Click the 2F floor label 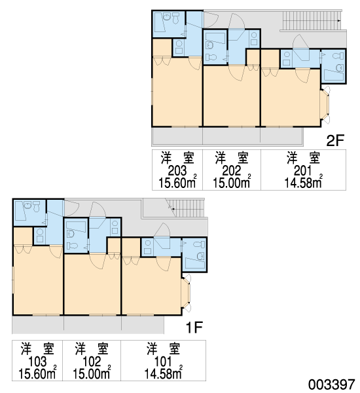coord(335,140)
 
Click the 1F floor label coord(194,327)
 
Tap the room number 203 coord(177,171)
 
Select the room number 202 coord(232,171)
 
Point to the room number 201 coord(303,171)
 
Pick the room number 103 coord(37,362)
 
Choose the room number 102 coord(92,362)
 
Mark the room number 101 coord(163,362)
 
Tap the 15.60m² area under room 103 coord(37,373)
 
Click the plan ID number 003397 coord(332,384)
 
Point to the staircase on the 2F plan coord(312,20)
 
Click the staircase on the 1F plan coord(187,208)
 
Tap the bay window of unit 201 coord(325,105)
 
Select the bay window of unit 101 coord(186,293)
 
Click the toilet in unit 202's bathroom coord(211,58)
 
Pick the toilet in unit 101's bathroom coord(199,244)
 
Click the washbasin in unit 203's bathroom coord(167,17)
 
